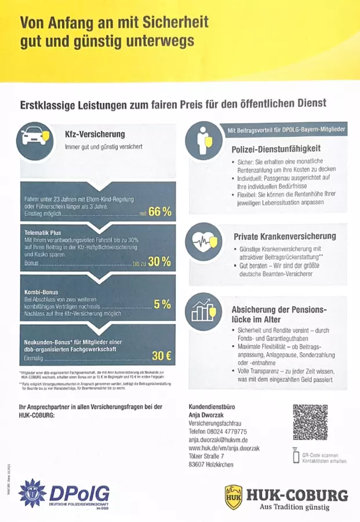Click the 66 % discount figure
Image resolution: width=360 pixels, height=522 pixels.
160,212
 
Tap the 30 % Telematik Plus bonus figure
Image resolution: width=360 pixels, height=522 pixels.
159,262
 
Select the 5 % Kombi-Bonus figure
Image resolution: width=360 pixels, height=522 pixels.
162,304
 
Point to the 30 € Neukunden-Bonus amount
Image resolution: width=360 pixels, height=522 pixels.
161,355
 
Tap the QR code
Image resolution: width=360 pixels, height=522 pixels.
310,422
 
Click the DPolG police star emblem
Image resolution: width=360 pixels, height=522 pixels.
32,494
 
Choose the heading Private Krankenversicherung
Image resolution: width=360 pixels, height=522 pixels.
285,236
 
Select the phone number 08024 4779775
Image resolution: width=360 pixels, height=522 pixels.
218,432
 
